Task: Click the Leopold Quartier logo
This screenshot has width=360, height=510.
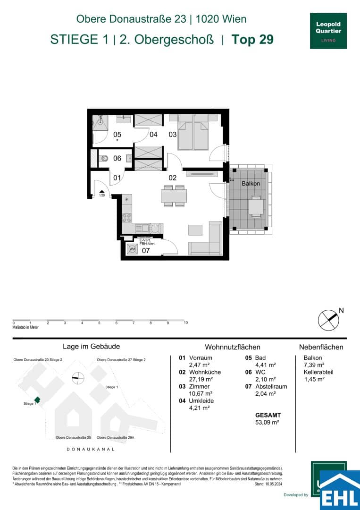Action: (328, 31)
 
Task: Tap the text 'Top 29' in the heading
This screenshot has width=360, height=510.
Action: (252, 39)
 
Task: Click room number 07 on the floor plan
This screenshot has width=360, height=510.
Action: (146, 250)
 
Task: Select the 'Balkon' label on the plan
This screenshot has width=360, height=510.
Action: (251, 184)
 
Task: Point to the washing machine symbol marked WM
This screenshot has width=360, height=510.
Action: (132, 249)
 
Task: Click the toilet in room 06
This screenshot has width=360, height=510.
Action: (105, 158)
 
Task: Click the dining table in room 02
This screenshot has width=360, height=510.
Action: (174, 195)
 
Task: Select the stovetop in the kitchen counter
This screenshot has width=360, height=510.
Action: (127, 218)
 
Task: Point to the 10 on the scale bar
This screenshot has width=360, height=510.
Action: (186, 323)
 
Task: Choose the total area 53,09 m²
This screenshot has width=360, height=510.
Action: (267, 422)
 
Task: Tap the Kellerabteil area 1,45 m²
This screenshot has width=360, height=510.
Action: (314, 379)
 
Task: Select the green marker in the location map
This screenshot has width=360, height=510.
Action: (37, 400)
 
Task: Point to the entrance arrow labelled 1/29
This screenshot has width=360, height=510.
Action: (101, 191)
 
